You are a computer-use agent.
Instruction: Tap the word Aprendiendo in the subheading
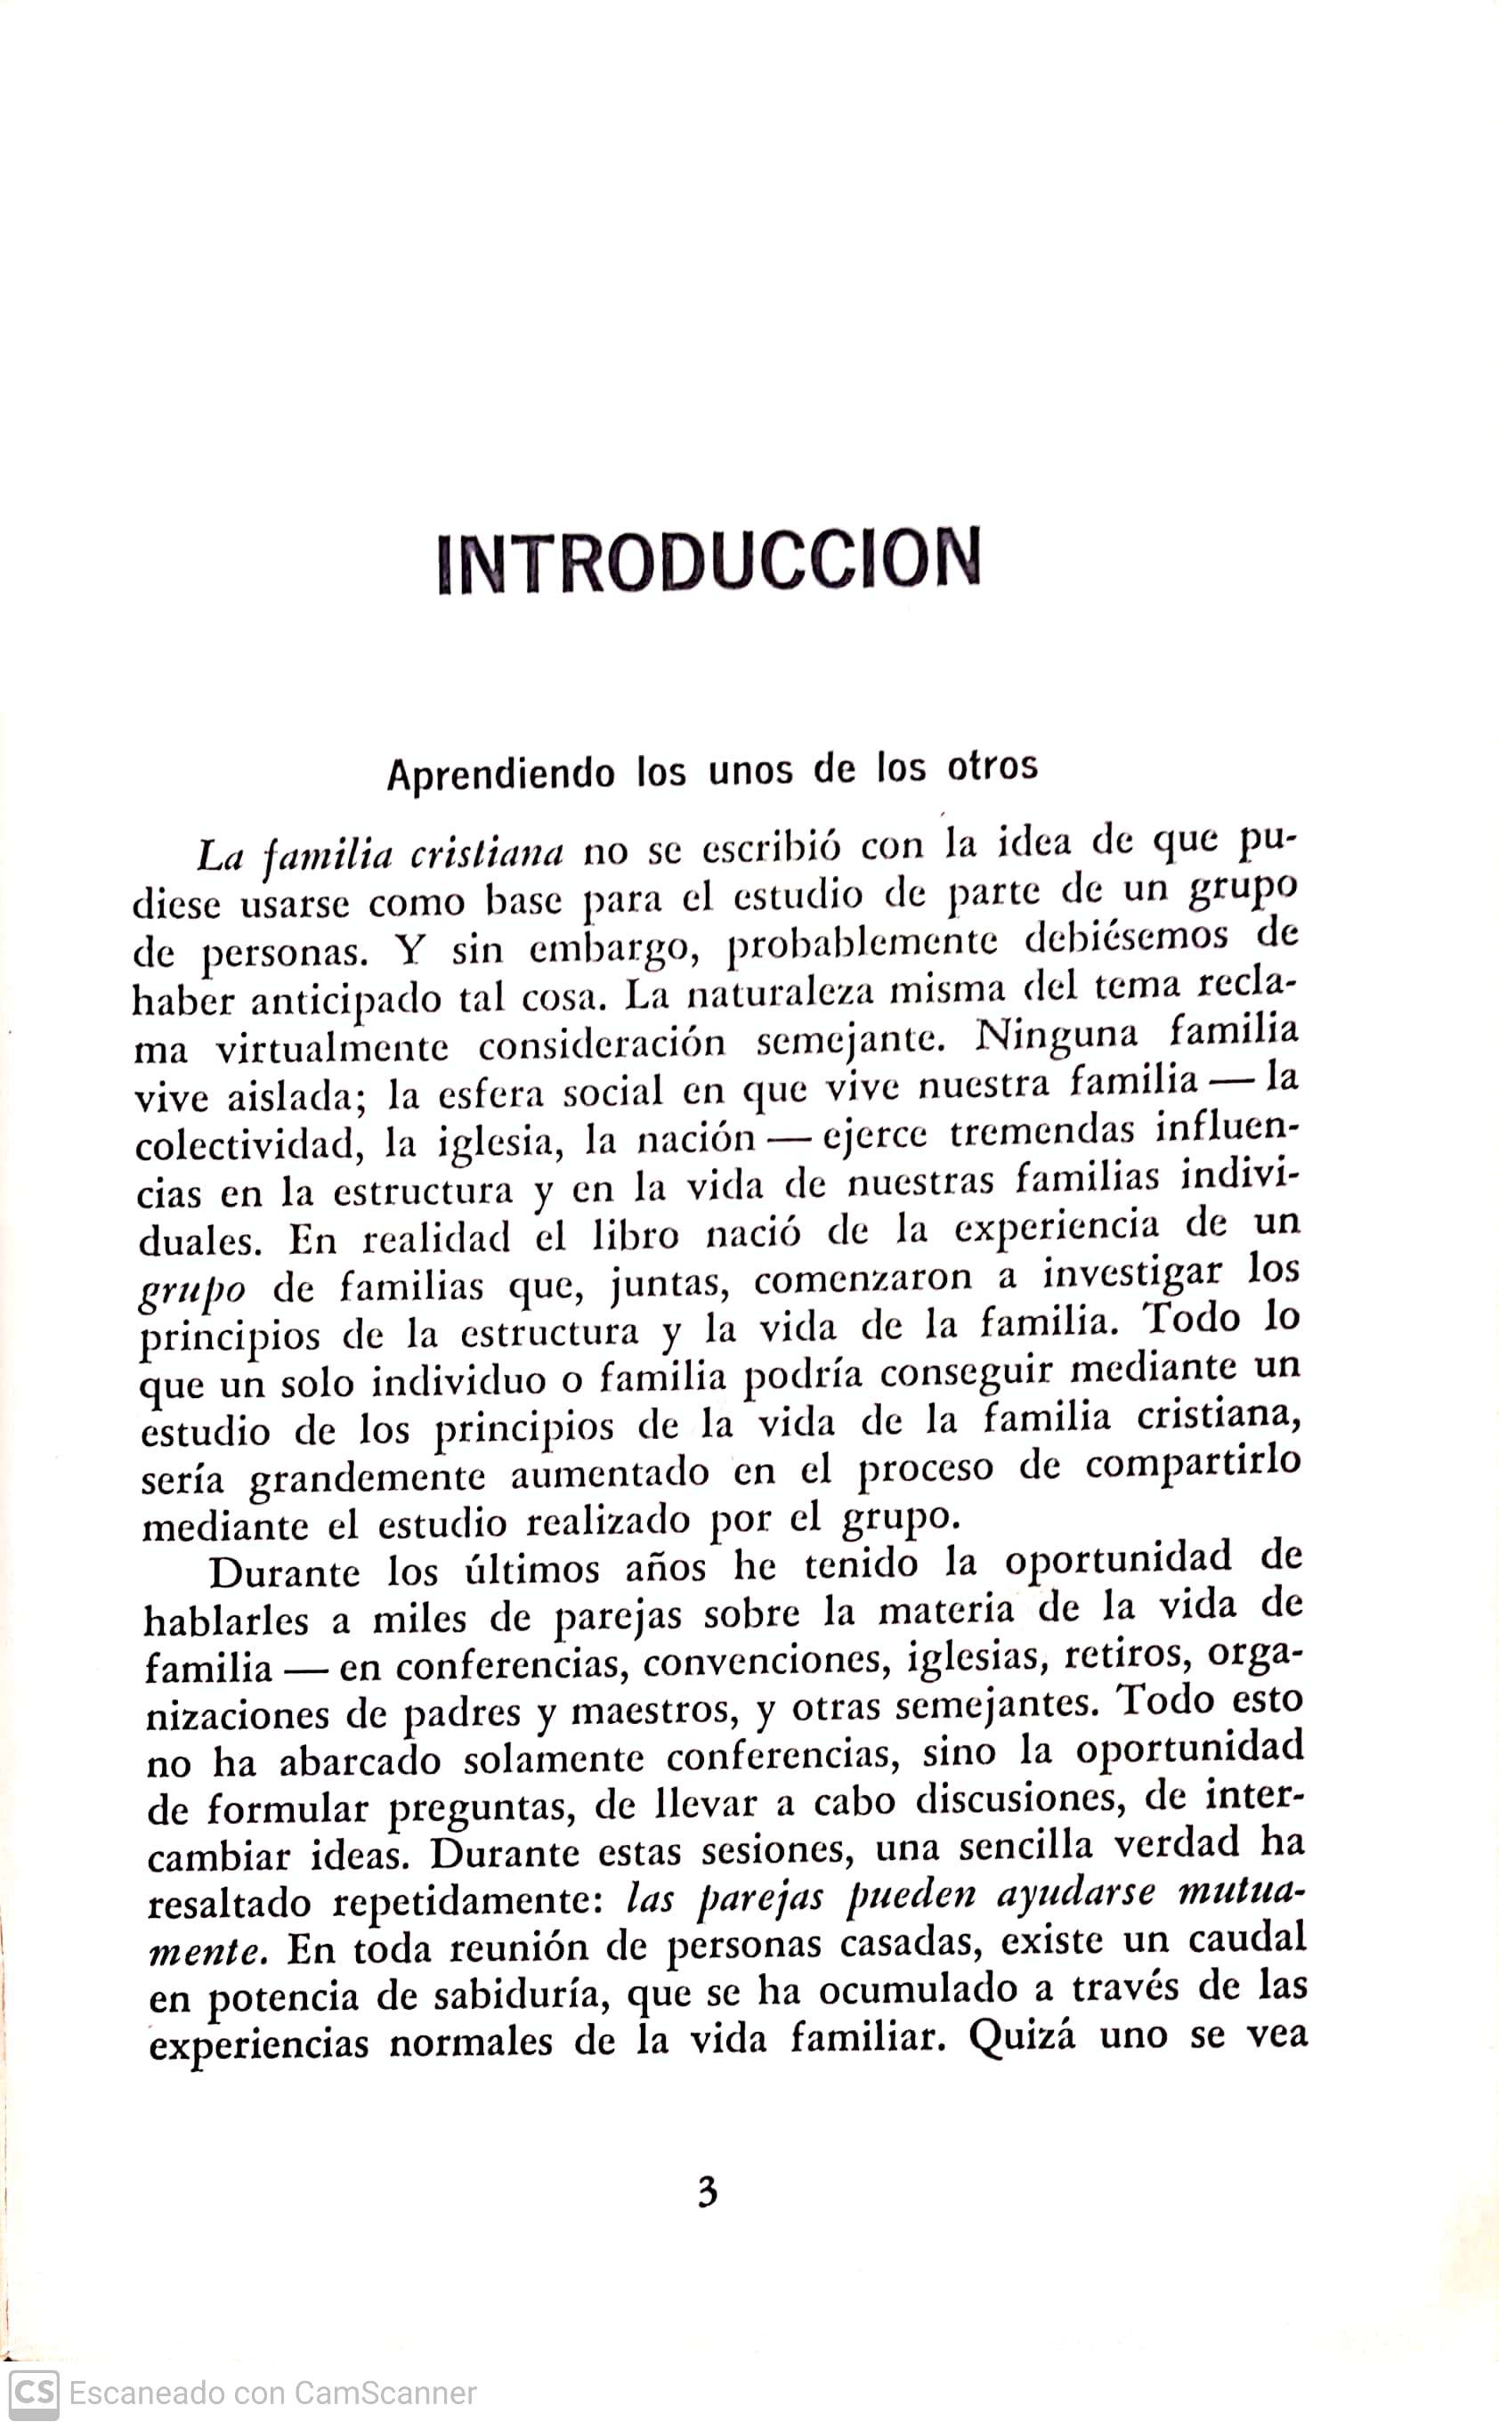pyautogui.click(x=499, y=773)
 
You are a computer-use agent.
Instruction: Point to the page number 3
pyautogui.click(x=707, y=2191)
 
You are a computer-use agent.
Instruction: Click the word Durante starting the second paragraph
pyautogui.click(x=286, y=1573)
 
